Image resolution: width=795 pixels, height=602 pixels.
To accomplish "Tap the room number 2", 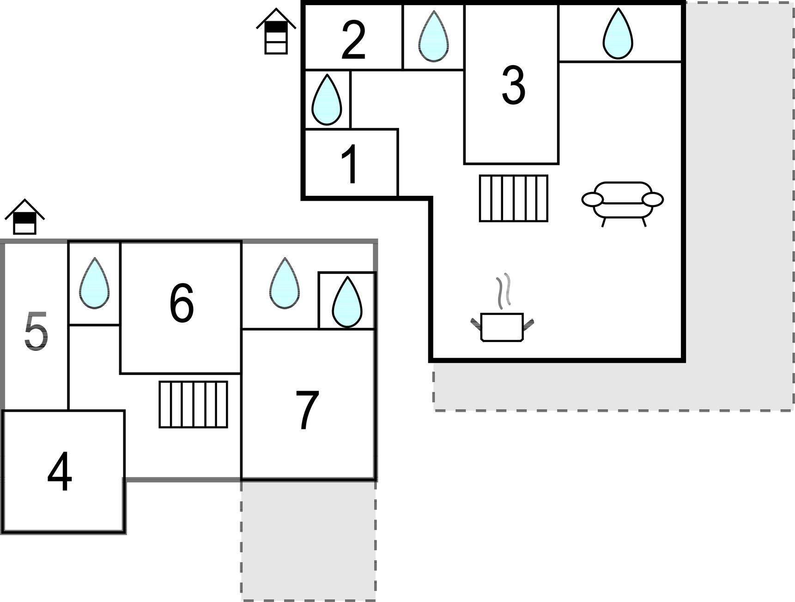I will (353, 40).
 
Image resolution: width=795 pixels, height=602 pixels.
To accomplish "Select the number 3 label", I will (513, 85).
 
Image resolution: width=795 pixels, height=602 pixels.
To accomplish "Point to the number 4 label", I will (60, 472).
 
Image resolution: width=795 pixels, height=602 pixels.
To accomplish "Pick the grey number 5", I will (36, 331).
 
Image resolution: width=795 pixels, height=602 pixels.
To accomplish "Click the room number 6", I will (181, 304).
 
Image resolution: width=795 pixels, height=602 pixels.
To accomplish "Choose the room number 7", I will (307, 410).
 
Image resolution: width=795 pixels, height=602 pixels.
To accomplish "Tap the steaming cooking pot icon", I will (502, 313).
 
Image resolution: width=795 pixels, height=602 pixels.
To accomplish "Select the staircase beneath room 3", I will (513, 199).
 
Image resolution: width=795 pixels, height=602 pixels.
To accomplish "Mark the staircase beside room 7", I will (193, 404).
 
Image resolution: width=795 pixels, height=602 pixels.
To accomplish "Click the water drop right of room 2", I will (433, 37).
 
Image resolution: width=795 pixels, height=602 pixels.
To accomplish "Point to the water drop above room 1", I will (327, 100).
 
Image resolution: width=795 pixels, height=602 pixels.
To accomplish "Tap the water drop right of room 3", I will (618, 35).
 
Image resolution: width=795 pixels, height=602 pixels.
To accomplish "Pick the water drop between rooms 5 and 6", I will (94, 283).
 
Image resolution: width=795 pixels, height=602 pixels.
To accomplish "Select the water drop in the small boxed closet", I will (346, 302).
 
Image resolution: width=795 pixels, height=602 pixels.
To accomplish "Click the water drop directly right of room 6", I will (285, 283).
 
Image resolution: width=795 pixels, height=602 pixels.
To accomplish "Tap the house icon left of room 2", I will (276, 31).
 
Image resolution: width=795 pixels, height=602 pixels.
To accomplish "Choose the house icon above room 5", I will (24, 217).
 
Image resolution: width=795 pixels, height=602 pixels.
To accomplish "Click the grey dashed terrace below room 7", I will (308, 540).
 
